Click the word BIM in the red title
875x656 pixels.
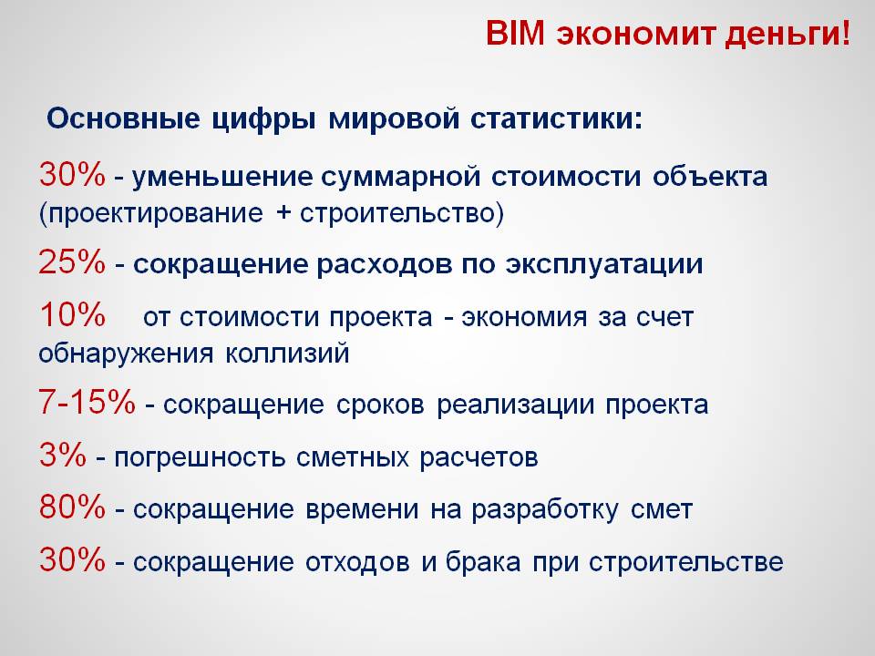point(514,33)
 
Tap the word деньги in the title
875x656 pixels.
point(783,36)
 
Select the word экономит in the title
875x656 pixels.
point(635,35)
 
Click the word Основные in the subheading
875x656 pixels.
point(123,118)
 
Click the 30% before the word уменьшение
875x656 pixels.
point(72,175)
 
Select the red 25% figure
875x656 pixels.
point(72,261)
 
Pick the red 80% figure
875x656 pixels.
point(72,507)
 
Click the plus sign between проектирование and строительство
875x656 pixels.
point(283,213)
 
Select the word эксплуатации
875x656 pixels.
point(603,265)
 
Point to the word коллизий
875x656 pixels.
point(287,354)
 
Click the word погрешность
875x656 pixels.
point(200,458)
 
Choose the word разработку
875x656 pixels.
point(545,510)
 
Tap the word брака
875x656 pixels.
point(483,561)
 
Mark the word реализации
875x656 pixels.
point(516,405)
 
